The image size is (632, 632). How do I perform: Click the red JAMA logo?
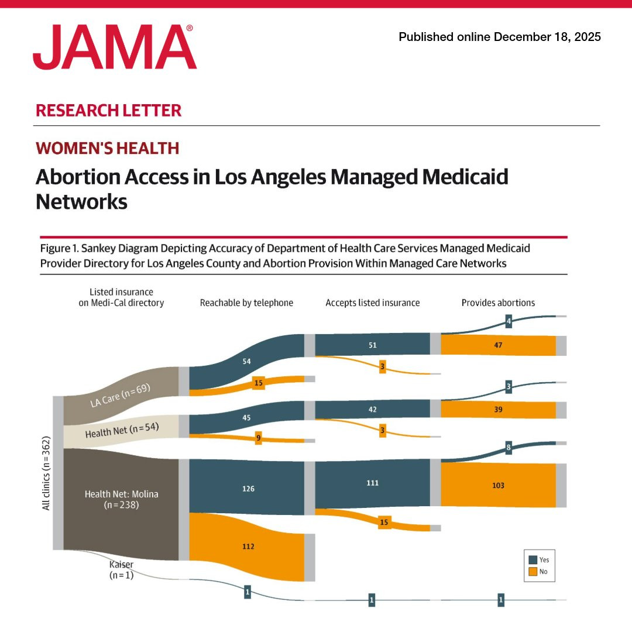[x=115, y=47]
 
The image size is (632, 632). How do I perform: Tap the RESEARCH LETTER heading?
[x=108, y=111]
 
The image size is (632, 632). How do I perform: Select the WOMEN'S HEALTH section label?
[x=107, y=148]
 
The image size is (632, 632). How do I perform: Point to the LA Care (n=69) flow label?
[x=120, y=396]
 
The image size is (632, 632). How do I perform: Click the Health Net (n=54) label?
[x=122, y=430]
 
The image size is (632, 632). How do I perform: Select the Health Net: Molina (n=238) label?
[x=121, y=499]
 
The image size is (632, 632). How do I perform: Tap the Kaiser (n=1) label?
[x=121, y=569]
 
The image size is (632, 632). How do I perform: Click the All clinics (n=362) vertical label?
[x=46, y=473]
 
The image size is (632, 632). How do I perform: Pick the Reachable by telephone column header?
[x=247, y=303]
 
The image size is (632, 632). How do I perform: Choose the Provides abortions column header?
[x=498, y=303]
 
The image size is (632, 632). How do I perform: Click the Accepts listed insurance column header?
[x=372, y=303]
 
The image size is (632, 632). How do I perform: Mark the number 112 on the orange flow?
[x=248, y=547]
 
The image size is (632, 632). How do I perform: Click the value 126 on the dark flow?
[x=248, y=489]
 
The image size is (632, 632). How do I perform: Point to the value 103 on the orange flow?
[x=498, y=485]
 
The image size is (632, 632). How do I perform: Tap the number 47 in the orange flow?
[x=498, y=345]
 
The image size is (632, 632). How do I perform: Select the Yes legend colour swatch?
[x=533, y=560]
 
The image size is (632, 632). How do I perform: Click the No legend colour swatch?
[x=533, y=572]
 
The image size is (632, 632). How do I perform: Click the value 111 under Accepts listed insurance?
[x=372, y=483]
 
